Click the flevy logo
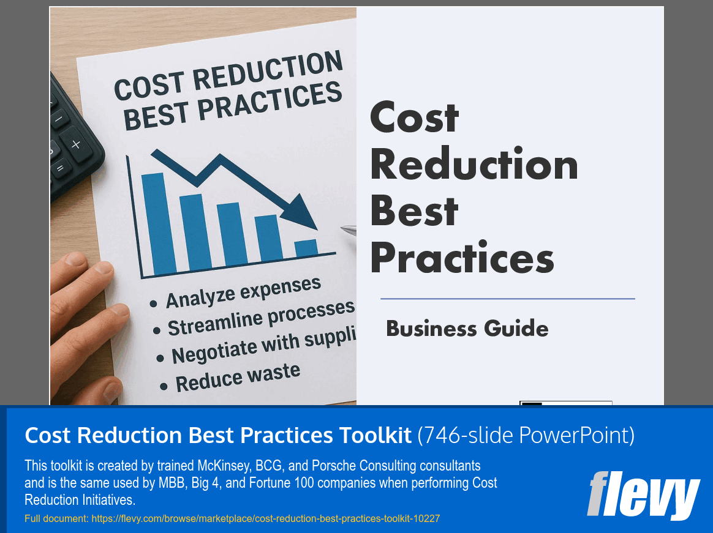(643, 495)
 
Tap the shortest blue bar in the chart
(306, 248)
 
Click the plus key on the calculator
(75, 145)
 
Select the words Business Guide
(467, 329)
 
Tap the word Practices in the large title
(462, 258)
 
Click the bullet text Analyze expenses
(244, 291)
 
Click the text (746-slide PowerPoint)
(526, 435)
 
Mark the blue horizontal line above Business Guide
(507, 299)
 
